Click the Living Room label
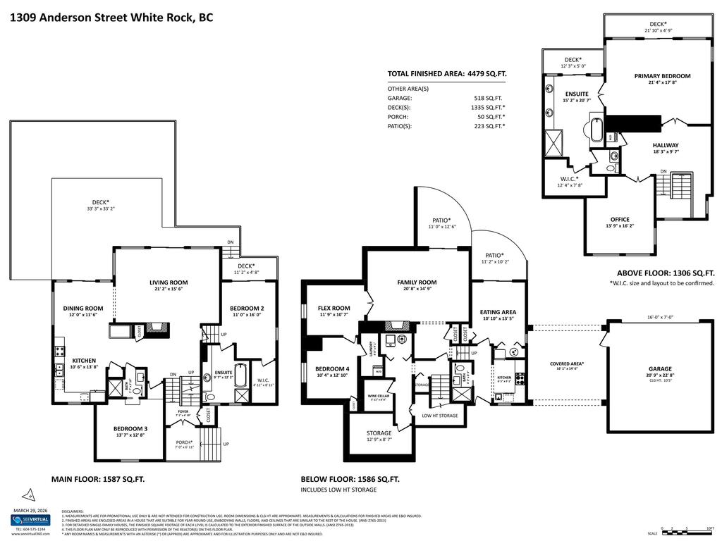point(169,282)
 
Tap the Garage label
point(660,368)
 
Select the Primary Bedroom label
point(661,76)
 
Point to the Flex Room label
point(334,308)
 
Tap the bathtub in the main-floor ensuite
point(240,375)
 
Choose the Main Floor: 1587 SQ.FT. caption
point(98,478)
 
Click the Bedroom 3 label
point(130,428)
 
